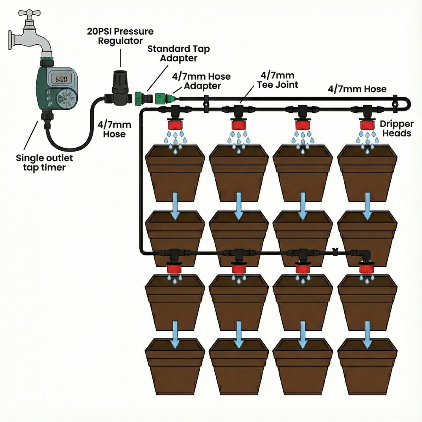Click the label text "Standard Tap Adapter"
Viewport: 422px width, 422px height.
(x=178, y=54)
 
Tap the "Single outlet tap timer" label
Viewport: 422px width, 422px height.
(x=45, y=163)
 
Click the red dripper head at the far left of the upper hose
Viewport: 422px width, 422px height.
(x=174, y=125)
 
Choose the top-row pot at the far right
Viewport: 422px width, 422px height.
(x=367, y=173)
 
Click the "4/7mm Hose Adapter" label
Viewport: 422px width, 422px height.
(x=201, y=81)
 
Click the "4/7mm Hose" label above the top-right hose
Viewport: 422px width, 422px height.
(x=357, y=89)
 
